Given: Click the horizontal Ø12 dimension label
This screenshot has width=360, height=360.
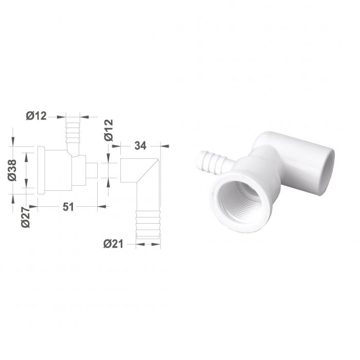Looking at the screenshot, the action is tap(37, 116).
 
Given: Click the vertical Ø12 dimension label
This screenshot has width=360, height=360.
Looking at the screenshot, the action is tap(109, 130).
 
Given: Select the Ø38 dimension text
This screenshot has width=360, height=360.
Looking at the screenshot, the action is tap(12, 170).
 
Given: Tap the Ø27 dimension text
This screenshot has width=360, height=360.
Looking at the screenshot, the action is tap(26, 217).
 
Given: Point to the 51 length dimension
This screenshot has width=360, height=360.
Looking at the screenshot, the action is tap(68, 207).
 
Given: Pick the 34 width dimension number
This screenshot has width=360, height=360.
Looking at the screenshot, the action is tap(140, 146).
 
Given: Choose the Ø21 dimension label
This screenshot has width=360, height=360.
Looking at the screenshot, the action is tap(114, 244).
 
